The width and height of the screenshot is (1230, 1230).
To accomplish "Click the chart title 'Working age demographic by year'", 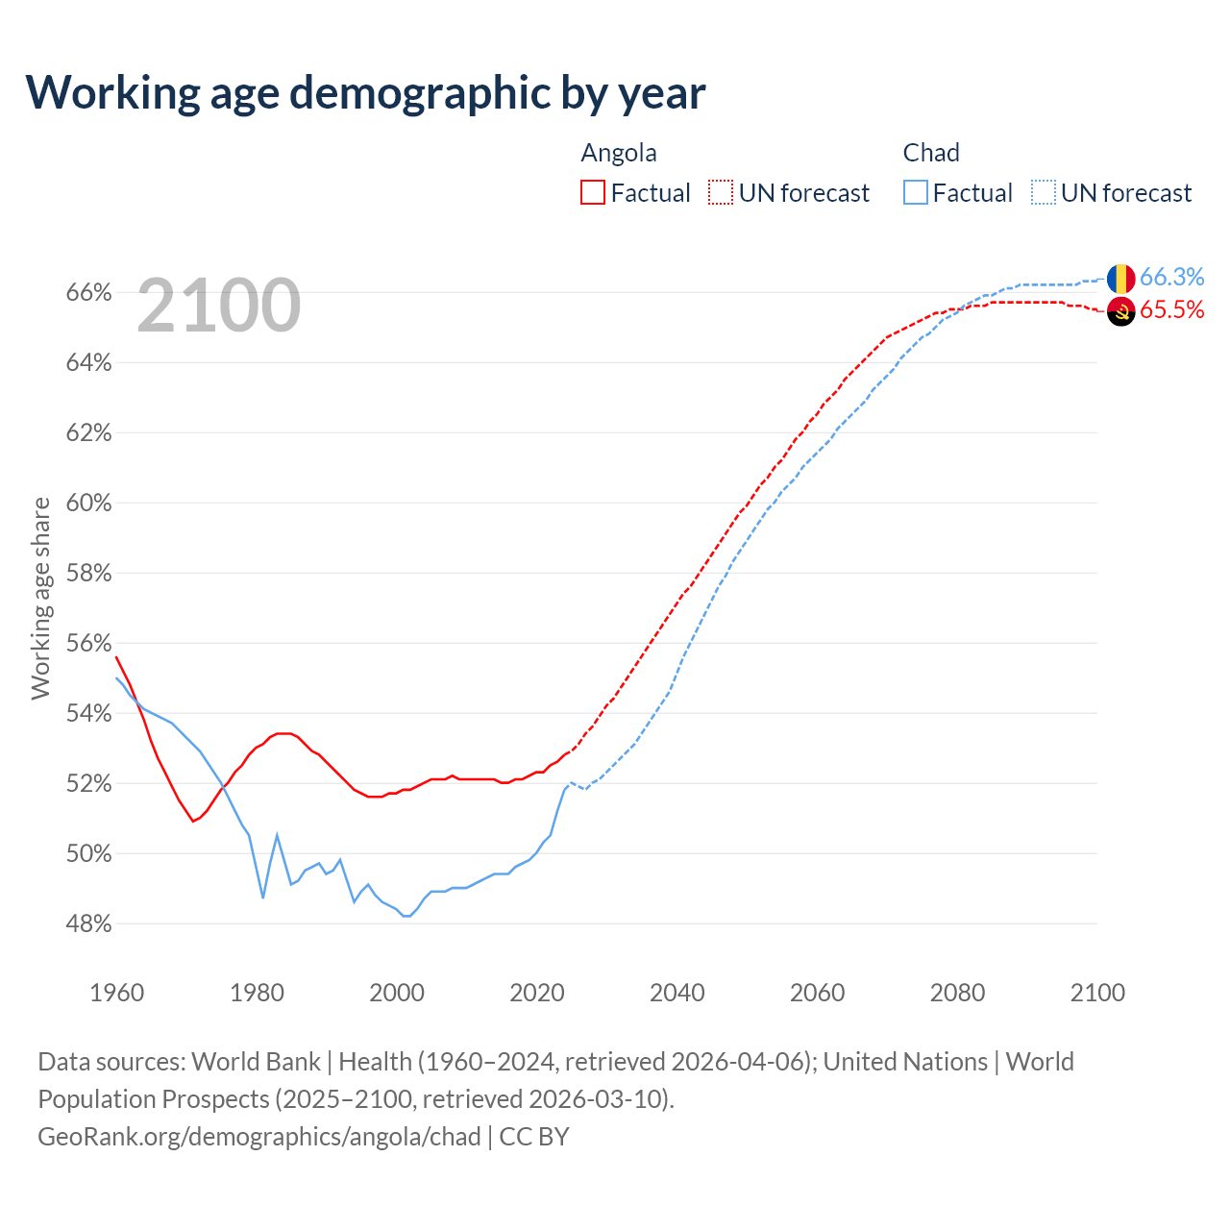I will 365,92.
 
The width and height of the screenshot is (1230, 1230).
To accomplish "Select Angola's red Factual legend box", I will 593,192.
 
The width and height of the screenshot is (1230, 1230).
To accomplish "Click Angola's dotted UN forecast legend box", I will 721,192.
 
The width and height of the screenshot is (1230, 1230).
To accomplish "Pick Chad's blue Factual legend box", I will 916,192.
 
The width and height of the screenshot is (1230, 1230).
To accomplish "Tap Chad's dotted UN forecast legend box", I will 1044,192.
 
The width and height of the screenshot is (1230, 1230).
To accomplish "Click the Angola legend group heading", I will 619,153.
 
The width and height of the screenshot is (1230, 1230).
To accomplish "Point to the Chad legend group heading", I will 931,153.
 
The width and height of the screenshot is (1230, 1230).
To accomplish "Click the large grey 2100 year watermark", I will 219,306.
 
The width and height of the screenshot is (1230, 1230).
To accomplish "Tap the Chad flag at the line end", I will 1120,279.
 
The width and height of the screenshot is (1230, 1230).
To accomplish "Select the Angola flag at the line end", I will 1120,311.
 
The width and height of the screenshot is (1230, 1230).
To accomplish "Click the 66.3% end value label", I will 1171,277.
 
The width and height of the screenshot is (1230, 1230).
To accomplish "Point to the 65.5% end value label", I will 1171,309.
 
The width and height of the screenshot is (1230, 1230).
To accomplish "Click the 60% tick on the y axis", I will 88,503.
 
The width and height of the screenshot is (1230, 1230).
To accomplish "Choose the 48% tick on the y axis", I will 88,923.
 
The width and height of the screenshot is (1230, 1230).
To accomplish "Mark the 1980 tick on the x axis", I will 257,992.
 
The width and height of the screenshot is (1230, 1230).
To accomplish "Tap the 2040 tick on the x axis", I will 677,992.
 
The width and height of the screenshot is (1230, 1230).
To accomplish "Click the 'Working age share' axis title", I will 40,598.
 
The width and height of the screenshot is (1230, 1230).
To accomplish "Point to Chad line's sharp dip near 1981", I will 263,898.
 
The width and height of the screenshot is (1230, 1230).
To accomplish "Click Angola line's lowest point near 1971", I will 193,821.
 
